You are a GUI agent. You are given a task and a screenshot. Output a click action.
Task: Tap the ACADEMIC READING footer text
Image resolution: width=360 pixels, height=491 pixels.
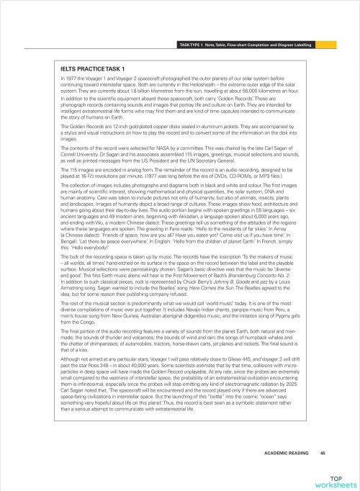[x=289, y=453]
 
